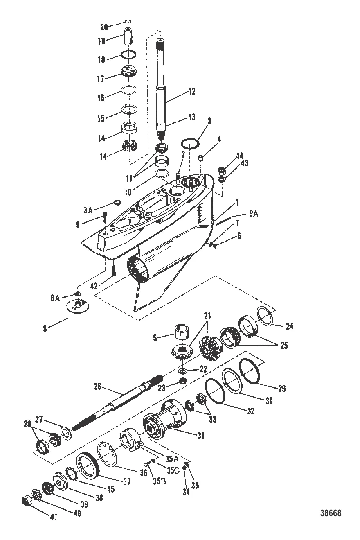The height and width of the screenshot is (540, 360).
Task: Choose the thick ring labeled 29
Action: coord(248,371)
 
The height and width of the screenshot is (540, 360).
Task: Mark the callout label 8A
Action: coord(55,298)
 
